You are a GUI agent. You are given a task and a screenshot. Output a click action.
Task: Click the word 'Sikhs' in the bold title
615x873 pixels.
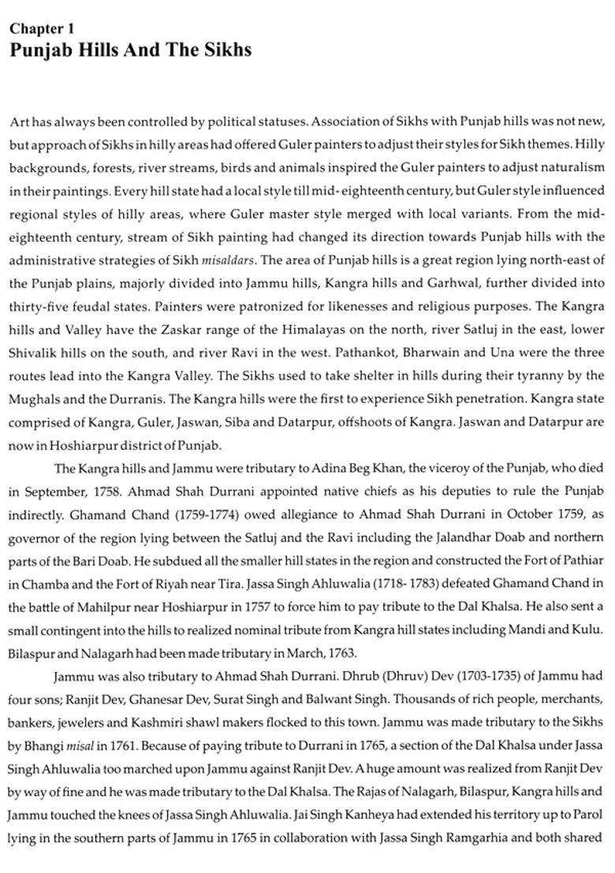(x=225, y=50)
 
